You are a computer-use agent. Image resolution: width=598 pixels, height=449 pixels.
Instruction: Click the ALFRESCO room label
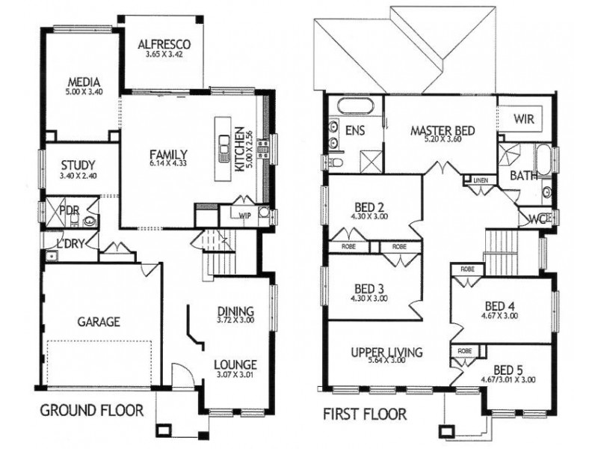point(164,44)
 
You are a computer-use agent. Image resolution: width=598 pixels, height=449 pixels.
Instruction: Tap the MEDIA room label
point(84,82)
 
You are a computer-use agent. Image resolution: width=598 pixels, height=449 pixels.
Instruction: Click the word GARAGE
point(99,323)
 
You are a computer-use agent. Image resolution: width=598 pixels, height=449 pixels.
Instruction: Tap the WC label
point(536,219)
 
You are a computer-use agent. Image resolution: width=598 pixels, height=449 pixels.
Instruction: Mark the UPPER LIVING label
point(386,352)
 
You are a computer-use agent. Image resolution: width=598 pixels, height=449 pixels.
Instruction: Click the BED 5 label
point(510,369)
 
